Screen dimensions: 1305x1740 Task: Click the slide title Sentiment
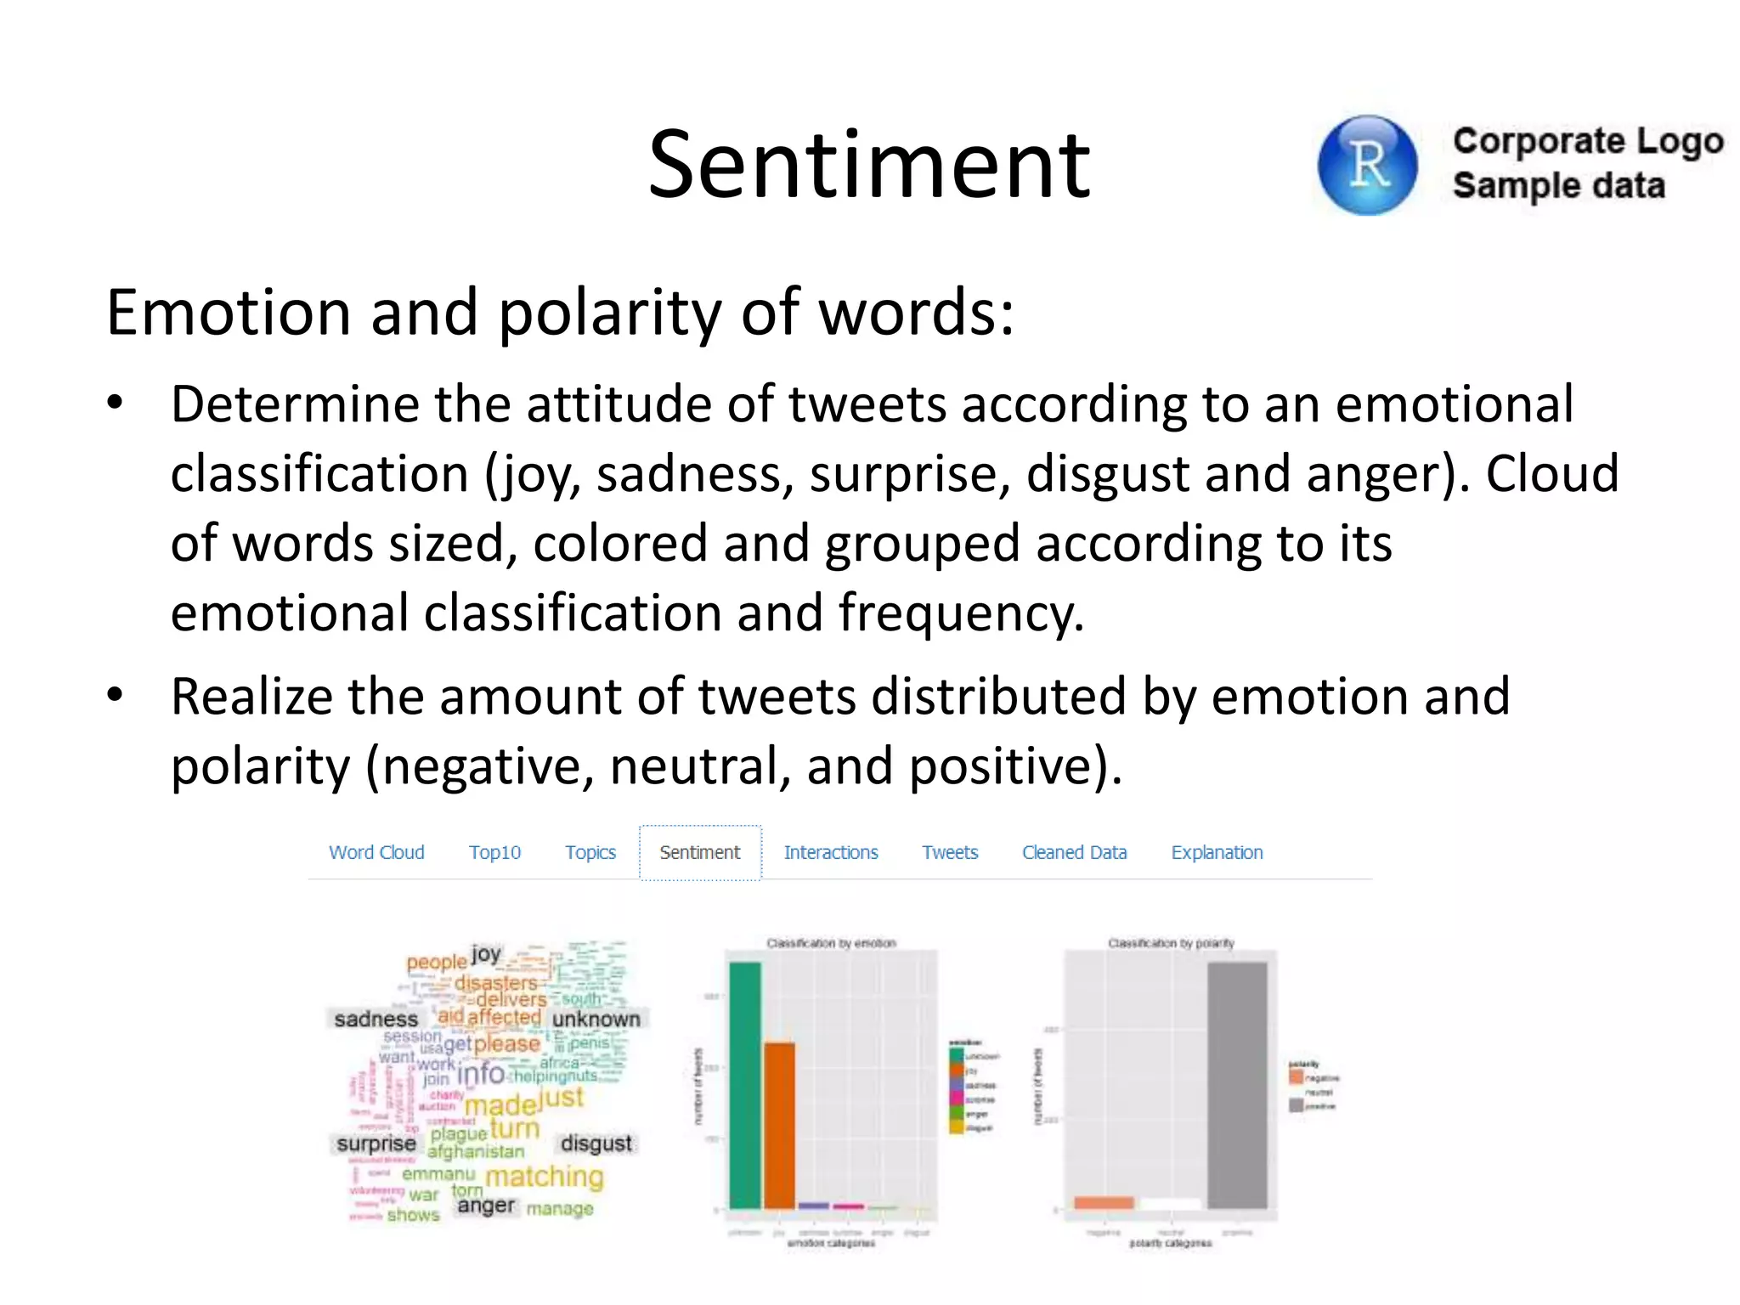pyautogui.click(x=868, y=165)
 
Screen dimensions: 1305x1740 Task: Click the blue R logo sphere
pyautogui.click(x=1366, y=166)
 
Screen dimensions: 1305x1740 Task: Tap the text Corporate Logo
pyautogui.click(x=1587, y=141)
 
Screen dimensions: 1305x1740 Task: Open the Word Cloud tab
pyautogui.click(x=376, y=852)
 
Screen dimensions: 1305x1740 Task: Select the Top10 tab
pyautogui.click(x=494, y=852)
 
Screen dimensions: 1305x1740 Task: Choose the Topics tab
pyautogui.click(x=590, y=852)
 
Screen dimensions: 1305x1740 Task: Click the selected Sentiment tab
pyautogui.click(x=700, y=852)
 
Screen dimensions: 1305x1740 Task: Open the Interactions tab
pyautogui.click(x=831, y=852)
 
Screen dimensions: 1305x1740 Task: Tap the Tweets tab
pyautogui.click(x=950, y=852)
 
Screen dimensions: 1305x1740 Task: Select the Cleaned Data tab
pyautogui.click(x=1074, y=852)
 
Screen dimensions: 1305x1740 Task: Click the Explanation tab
pyautogui.click(x=1217, y=852)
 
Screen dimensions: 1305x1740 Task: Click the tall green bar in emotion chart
pyautogui.click(x=745, y=1087)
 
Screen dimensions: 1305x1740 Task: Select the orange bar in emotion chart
pyautogui.click(x=779, y=1126)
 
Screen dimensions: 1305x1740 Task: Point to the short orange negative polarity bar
pyautogui.click(x=1104, y=1202)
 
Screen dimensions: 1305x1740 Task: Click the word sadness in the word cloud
pyautogui.click(x=376, y=1019)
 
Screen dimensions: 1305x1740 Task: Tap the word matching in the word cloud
pyautogui.click(x=544, y=1177)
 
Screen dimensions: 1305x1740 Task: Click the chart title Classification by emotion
pyautogui.click(x=831, y=943)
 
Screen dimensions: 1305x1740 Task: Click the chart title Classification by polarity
pyautogui.click(x=1171, y=943)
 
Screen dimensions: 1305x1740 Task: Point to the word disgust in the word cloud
pyautogui.click(x=596, y=1144)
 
